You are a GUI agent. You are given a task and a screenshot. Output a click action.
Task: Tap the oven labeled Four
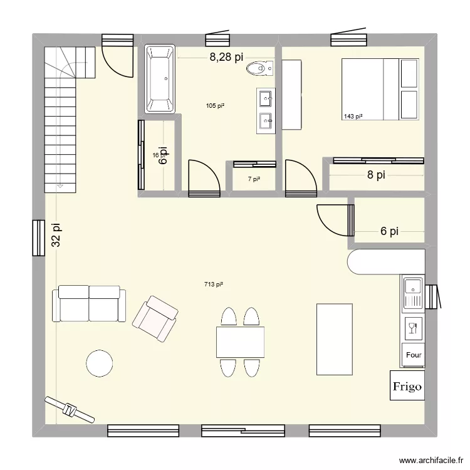click(x=414, y=355)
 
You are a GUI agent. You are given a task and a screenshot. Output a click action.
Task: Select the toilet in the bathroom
click(x=259, y=68)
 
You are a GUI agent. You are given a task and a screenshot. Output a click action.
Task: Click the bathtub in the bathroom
click(x=160, y=78)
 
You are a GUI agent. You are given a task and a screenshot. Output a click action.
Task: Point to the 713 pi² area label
click(x=214, y=285)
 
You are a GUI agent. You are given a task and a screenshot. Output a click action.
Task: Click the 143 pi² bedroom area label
click(x=353, y=116)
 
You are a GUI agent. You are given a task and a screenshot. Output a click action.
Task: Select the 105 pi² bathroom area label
click(x=215, y=106)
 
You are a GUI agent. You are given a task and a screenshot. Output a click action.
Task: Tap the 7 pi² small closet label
click(x=253, y=179)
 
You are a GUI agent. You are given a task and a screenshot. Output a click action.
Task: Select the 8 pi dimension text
click(x=376, y=175)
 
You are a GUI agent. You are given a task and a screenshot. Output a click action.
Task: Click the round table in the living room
click(x=100, y=363)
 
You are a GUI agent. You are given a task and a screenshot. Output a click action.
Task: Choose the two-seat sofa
click(x=89, y=303)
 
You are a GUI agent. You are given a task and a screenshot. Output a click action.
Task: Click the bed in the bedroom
click(x=380, y=89)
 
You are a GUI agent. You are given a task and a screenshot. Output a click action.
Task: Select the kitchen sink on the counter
click(x=413, y=293)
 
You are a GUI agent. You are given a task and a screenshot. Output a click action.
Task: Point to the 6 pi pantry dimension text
click(x=390, y=231)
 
